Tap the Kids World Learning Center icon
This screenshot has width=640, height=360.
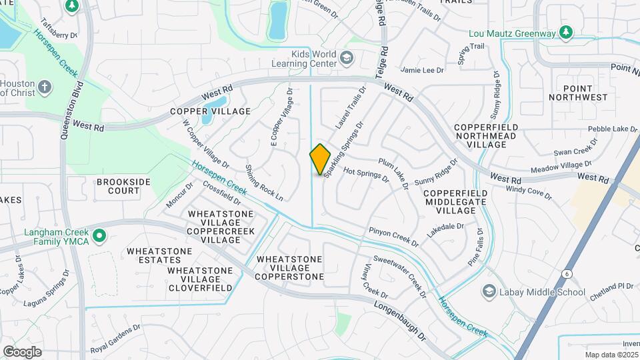346,58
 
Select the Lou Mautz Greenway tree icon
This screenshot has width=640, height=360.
566,32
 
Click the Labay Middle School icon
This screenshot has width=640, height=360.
490,292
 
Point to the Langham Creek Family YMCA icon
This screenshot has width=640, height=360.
99,236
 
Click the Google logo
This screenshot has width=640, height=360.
22,352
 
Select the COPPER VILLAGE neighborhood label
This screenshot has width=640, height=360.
210,111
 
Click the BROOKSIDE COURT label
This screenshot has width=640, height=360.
118,186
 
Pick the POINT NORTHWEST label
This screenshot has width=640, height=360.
578,93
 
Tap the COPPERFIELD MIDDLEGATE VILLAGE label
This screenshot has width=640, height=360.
450,201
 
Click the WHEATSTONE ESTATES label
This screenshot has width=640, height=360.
161,256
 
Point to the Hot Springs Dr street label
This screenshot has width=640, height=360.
366,175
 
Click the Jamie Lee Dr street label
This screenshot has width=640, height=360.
422,69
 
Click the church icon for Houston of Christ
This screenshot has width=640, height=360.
44,87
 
